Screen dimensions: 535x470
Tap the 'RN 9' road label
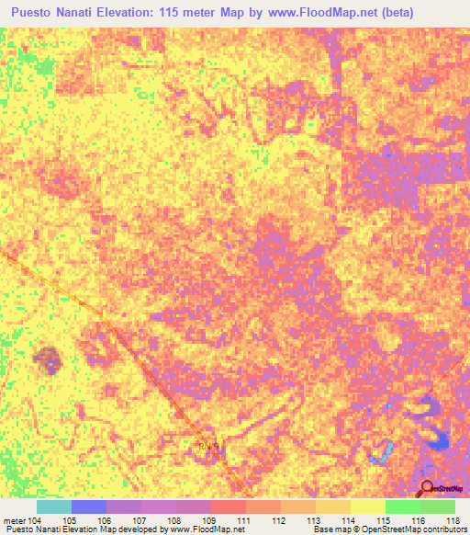pos(209,447)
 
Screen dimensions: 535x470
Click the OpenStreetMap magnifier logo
pos(427,489)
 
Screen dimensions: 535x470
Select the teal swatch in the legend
pos(53,507)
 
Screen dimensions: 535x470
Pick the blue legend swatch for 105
pos(89,507)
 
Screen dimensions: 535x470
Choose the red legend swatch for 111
pos(229,507)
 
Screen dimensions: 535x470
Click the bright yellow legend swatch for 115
pos(368,507)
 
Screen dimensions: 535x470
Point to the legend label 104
pos(36,520)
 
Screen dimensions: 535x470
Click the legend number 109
pos(210,520)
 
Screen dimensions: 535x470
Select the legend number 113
pos(314,520)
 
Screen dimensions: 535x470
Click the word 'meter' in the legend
pos(15,520)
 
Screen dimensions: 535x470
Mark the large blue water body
pos(434,432)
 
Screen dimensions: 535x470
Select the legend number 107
pos(140,520)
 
